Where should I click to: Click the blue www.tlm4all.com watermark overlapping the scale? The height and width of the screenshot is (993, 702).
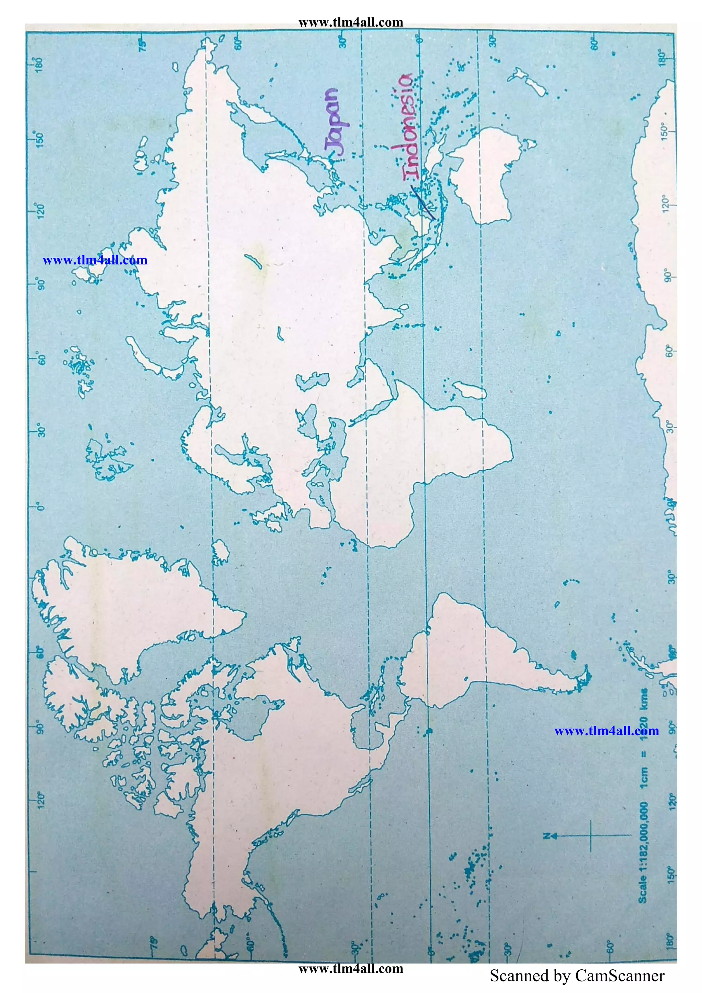(606, 731)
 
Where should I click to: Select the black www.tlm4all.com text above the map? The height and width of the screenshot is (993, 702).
(350, 22)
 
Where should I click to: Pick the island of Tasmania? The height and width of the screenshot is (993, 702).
(529, 144)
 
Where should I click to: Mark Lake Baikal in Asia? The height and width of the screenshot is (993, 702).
(253, 261)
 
